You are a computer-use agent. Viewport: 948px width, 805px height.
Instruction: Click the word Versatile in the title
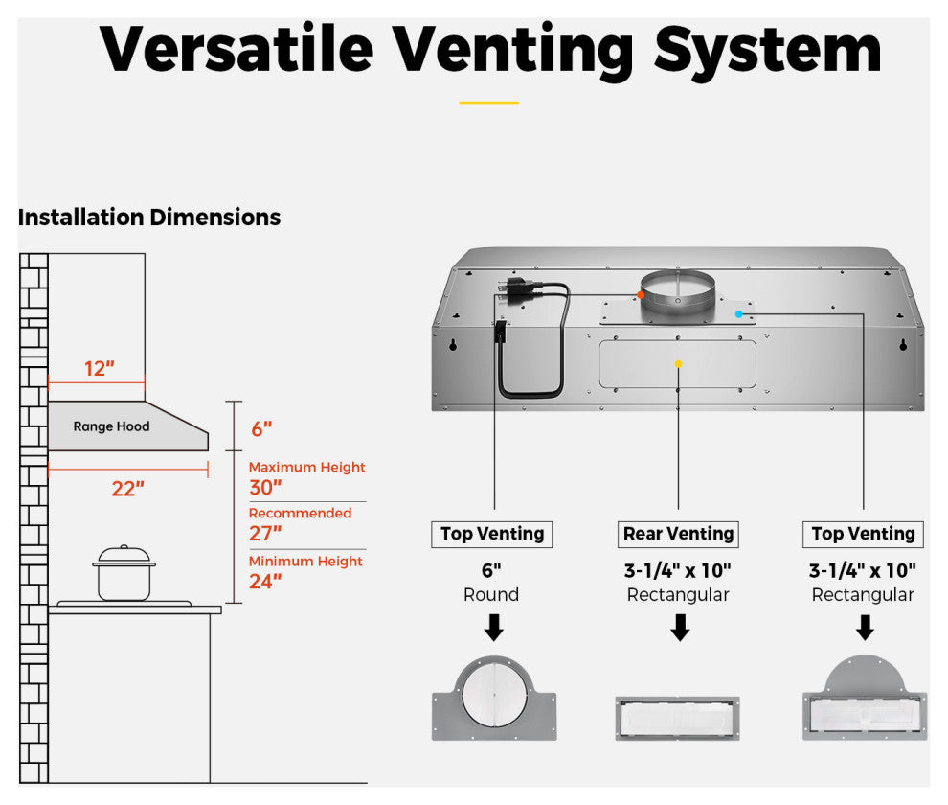pyautogui.click(x=235, y=49)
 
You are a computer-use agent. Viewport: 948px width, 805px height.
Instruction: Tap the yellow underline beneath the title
pyautogui.click(x=488, y=103)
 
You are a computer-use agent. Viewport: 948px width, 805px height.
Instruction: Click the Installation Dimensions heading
pyautogui.click(x=149, y=218)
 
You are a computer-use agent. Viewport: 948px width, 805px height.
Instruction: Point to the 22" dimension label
pyautogui.click(x=127, y=489)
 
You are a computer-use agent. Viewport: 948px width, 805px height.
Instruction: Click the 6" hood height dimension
pyautogui.click(x=261, y=429)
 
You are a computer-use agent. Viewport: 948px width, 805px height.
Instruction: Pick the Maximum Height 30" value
pyautogui.click(x=265, y=487)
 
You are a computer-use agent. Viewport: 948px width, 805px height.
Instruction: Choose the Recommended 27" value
pyautogui.click(x=265, y=533)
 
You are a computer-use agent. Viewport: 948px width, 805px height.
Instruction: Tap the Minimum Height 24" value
pyautogui.click(x=265, y=581)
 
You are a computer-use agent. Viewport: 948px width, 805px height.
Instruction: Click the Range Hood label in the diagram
pyautogui.click(x=112, y=426)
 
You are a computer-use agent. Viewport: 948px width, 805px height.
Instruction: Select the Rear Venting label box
pyautogui.click(x=678, y=534)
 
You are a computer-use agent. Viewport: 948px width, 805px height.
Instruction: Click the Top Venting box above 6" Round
pyautogui.click(x=492, y=534)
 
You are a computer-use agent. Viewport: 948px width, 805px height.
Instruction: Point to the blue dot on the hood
pyautogui.click(x=738, y=313)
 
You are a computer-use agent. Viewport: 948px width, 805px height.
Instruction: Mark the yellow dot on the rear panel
pyautogui.click(x=678, y=364)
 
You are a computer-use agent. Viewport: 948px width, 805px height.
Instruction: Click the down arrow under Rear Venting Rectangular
pyautogui.click(x=680, y=628)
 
